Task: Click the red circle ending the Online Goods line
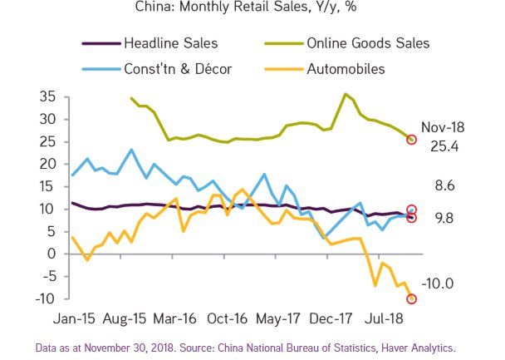(411, 139)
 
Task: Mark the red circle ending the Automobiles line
(411, 299)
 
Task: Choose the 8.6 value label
(444, 185)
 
